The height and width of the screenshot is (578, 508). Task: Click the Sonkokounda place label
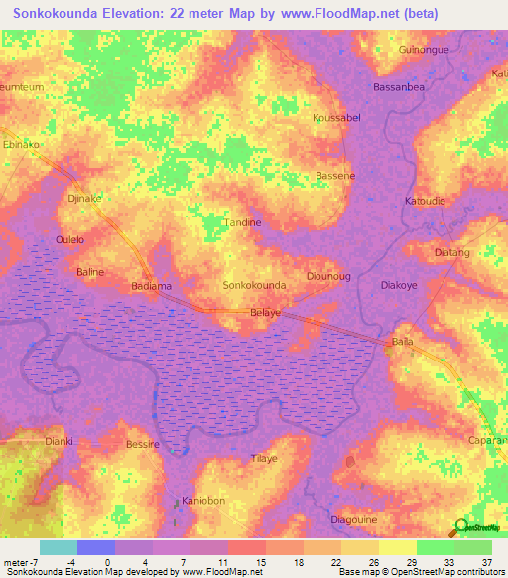255,285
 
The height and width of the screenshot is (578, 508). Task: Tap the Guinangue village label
424,50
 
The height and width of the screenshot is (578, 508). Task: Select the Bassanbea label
400,88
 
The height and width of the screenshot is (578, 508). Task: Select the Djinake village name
84,199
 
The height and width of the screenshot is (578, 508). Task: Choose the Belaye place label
265,312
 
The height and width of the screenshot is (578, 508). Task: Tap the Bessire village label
143,445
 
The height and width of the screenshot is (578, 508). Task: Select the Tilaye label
264,458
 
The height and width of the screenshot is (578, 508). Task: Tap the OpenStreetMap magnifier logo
461,528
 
